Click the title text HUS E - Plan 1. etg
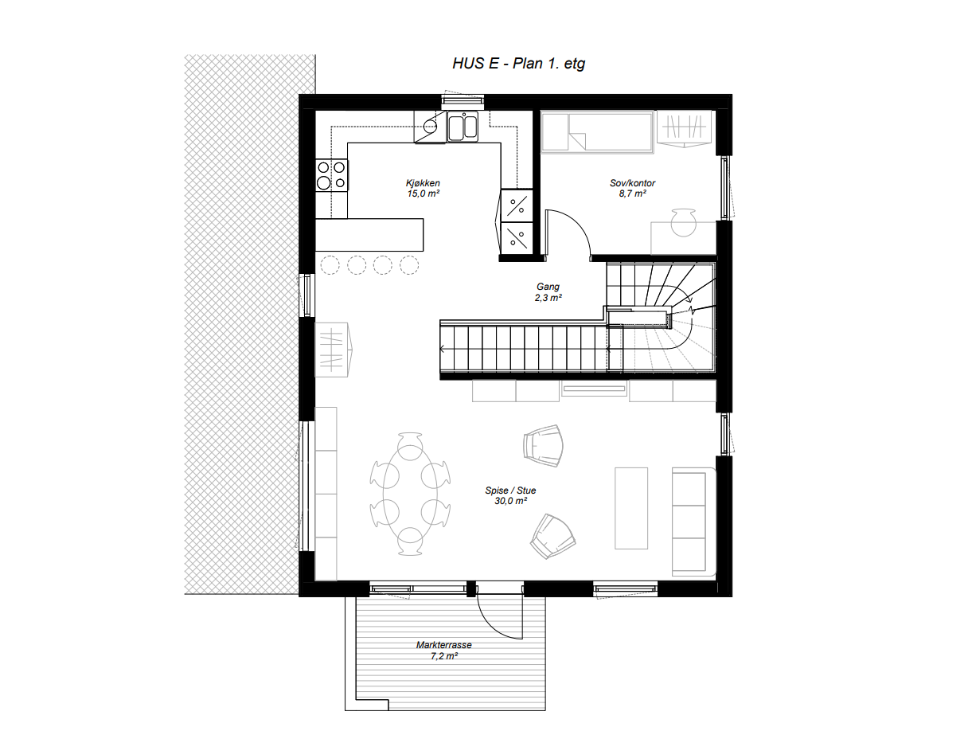pyautogui.click(x=518, y=64)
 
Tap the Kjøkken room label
pyautogui.click(x=423, y=183)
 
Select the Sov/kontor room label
pyautogui.click(x=627, y=183)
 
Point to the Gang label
pyautogui.click(x=548, y=287)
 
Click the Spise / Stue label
pyautogui.click(x=510, y=491)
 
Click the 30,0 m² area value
pyautogui.click(x=510, y=501)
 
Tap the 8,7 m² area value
pyautogui.click(x=627, y=193)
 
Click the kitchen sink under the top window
pyautogui.click(x=462, y=127)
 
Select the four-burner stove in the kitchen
pyautogui.click(x=332, y=175)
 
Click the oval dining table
pyautogui.click(x=411, y=494)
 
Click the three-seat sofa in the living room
pyautogui.click(x=691, y=522)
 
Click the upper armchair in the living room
pyautogui.click(x=544, y=444)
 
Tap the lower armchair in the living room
pyautogui.click(x=553, y=535)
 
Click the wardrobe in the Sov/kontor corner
pyautogui.click(x=685, y=129)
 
